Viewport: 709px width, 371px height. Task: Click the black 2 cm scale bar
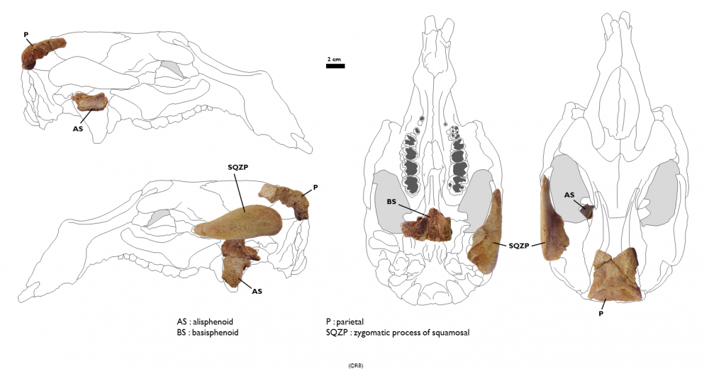(335, 66)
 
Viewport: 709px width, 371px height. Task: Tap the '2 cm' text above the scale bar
(334, 58)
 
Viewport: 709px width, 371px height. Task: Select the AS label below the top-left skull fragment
(79, 129)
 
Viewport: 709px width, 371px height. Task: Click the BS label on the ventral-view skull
(391, 202)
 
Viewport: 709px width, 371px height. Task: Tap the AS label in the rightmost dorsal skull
(569, 194)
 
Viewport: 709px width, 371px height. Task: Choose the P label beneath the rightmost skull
(601, 312)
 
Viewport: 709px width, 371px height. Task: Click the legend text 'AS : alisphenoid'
(209, 321)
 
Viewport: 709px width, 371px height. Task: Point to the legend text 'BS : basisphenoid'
(211, 332)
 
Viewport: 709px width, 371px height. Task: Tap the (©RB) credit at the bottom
(355, 365)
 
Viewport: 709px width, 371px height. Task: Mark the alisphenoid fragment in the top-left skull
(91, 102)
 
